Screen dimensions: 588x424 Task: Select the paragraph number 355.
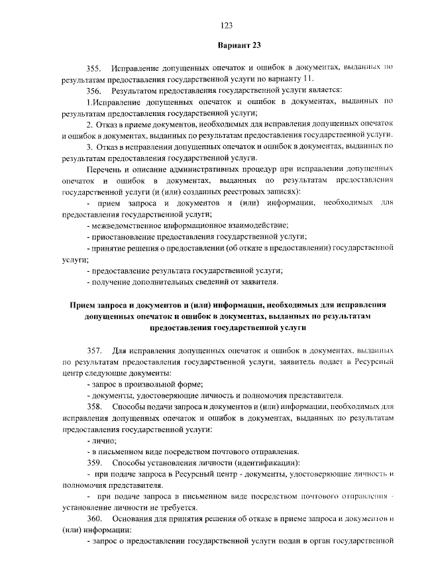(x=93, y=68)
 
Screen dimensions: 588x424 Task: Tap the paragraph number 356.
(x=93, y=89)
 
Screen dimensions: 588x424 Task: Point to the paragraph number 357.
(x=93, y=349)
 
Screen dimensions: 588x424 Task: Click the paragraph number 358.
(x=93, y=406)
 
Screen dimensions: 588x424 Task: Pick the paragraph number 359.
(x=93, y=462)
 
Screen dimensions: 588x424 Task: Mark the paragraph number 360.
(x=93, y=518)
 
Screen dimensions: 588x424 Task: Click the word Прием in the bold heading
(x=83, y=305)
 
